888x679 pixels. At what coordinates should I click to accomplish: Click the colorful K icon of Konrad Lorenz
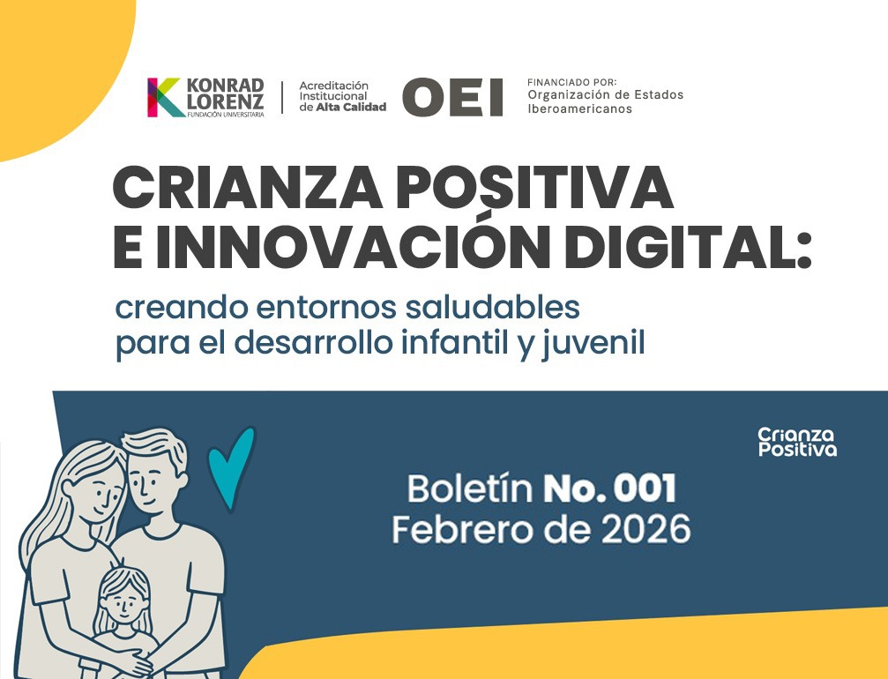pyautogui.click(x=164, y=97)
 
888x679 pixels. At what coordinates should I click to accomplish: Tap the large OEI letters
pyautogui.click(x=452, y=97)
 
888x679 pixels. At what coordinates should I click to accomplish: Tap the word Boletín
pyautogui.click(x=468, y=488)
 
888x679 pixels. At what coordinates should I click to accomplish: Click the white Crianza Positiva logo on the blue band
pyautogui.click(x=796, y=442)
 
